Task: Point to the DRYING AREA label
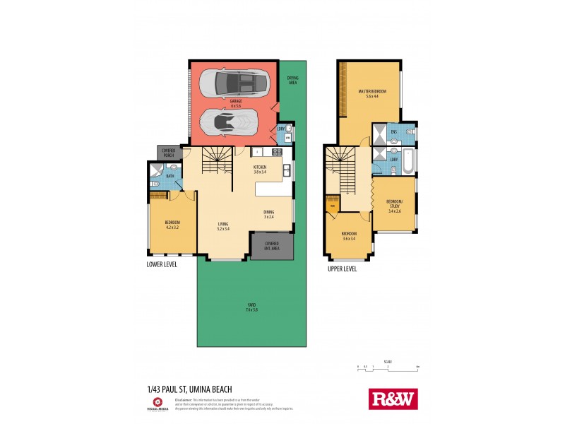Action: (x=292, y=80)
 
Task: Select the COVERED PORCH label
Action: (x=168, y=153)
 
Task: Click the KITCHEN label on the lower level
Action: (x=260, y=170)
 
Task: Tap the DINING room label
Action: (x=268, y=214)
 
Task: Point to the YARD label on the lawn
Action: (x=251, y=307)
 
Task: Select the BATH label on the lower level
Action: (x=170, y=175)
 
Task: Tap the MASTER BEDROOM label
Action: (x=371, y=93)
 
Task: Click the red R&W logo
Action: (x=393, y=399)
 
